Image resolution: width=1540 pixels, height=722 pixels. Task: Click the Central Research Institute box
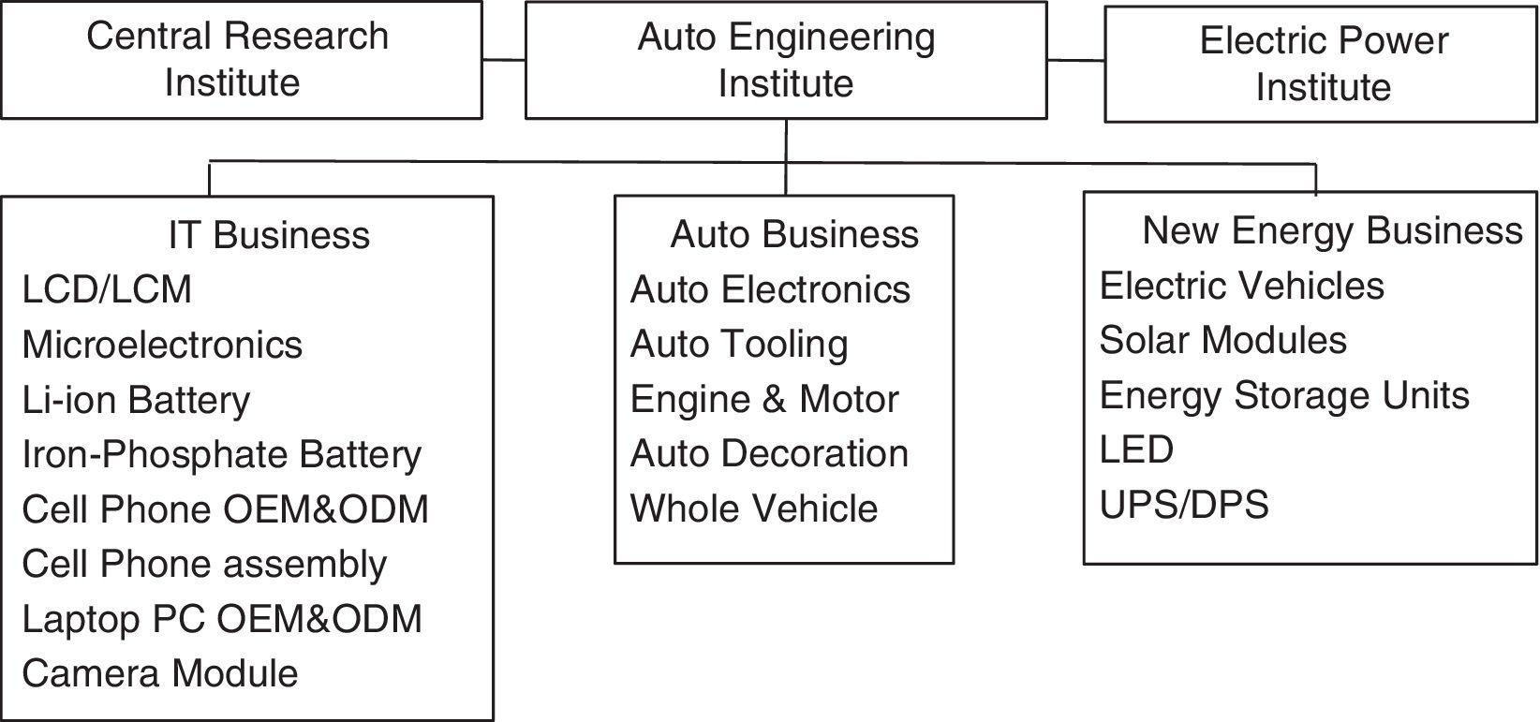(x=241, y=60)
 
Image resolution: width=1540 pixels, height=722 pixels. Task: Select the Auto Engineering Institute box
(x=785, y=60)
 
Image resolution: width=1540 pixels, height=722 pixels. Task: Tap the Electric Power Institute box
(x=1321, y=64)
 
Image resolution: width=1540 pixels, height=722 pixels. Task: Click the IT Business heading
(x=269, y=235)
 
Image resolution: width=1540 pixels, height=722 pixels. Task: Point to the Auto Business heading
(x=794, y=234)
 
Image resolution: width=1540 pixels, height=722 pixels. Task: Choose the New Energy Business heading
(x=1332, y=230)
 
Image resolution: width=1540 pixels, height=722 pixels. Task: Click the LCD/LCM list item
(x=107, y=289)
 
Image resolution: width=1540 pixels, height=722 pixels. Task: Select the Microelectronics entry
(x=162, y=345)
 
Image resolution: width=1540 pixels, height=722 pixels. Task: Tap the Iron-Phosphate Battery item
(x=222, y=454)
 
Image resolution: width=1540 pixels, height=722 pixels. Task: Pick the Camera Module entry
(x=160, y=673)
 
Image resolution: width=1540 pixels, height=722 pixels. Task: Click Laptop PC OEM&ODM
(x=222, y=619)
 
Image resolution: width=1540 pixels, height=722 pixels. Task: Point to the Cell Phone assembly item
(x=204, y=564)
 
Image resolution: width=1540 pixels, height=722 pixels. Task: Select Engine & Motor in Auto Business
(x=764, y=399)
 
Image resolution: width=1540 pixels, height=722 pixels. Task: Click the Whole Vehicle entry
(x=754, y=508)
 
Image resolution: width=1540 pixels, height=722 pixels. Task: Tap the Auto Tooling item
(x=739, y=344)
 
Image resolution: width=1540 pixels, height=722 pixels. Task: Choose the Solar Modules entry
(x=1222, y=340)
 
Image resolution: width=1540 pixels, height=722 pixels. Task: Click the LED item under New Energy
(x=1135, y=449)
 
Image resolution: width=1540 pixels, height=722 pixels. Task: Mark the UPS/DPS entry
(x=1184, y=505)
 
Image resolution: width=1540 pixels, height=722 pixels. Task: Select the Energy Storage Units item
(x=1283, y=395)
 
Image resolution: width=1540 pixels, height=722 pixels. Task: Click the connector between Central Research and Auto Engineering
(x=504, y=60)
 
